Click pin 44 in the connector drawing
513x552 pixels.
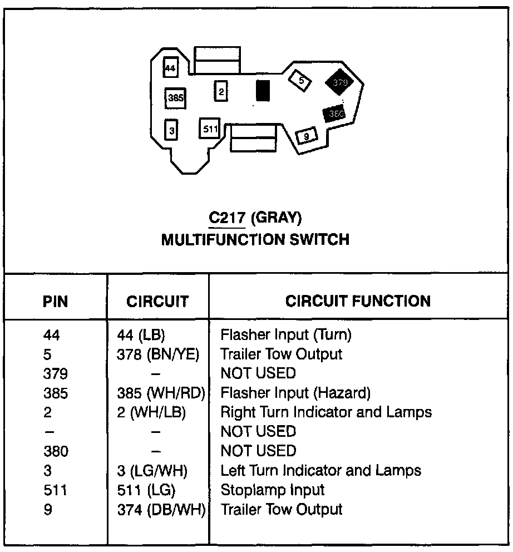170,68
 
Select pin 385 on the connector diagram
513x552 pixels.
175,98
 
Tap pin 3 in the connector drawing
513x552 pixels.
172,130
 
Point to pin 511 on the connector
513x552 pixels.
210,129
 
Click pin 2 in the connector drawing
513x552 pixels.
221,91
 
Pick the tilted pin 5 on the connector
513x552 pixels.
301,81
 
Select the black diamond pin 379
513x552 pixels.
340,82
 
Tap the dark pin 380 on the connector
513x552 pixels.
335,114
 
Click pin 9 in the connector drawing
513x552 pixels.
307,135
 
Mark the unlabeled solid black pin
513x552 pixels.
263,91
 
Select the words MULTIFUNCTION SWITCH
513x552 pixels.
255,240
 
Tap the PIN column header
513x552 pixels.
55,302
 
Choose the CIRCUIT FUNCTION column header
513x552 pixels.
358,301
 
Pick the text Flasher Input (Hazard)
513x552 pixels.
295,393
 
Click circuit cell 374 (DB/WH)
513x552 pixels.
158,509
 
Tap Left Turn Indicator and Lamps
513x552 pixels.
321,470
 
